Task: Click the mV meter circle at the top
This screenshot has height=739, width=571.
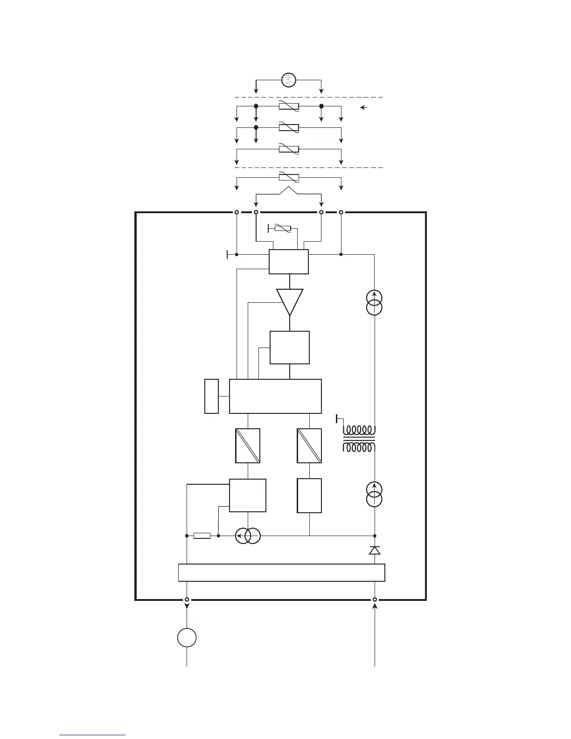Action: coord(289,80)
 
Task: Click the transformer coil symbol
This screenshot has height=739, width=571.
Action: coord(359,439)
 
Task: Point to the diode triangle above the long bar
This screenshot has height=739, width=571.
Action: coord(375,551)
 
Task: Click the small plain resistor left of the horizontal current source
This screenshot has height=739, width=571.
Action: coord(202,536)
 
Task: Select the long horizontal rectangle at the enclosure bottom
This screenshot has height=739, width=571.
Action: coord(281,572)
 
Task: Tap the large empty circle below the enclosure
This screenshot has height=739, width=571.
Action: coord(187,638)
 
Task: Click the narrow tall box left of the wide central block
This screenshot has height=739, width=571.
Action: coord(211,396)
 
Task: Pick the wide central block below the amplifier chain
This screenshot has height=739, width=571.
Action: coord(275,396)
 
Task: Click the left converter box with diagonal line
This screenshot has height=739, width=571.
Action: coord(248,446)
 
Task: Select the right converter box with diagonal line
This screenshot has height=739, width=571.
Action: coord(309,446)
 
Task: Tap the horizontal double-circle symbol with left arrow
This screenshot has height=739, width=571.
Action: coord(247,536)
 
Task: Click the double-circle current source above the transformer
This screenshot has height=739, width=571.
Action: coord(375,302)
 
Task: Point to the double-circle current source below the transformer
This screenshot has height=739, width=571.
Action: coord(375,495)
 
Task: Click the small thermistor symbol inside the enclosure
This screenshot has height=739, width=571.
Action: coord(283,228)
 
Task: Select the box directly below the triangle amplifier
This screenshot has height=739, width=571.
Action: coord(290,348)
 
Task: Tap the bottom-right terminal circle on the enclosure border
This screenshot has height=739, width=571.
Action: coord(375,600)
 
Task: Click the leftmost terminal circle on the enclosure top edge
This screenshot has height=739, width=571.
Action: coord(237,212)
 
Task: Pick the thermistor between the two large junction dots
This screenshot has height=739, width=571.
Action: coord(289,106)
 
